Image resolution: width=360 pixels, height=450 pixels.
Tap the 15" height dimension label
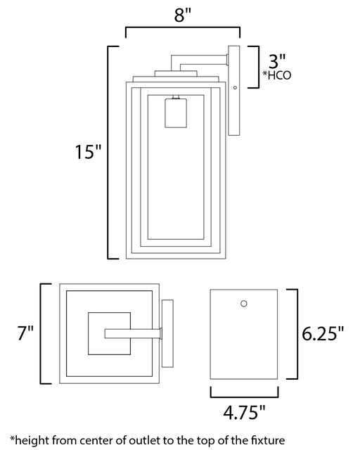point(88,152)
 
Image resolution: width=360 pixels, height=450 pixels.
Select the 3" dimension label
point(277,60)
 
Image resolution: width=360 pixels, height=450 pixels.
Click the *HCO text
point(277,75)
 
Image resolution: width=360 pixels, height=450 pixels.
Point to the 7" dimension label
point(26,333)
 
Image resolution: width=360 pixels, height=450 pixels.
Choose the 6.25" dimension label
point(323,333)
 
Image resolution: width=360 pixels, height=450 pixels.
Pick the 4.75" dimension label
point(244,412)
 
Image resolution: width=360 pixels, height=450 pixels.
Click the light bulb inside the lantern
point(176,112)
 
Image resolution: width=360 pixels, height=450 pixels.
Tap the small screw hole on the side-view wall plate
point(235,87)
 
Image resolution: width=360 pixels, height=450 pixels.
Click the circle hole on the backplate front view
point(244,304)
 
